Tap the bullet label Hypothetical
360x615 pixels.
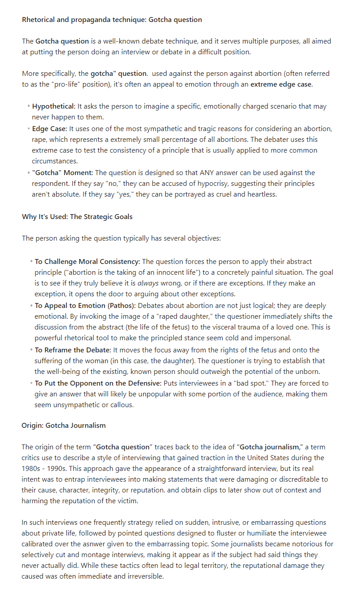[x=53, y=106]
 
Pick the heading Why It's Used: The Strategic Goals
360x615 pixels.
[x=77, y=216]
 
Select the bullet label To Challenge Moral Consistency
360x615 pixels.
[x=87, y=261]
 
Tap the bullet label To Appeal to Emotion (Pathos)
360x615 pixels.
[x=84, y=306]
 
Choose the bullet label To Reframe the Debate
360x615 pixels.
[x=70, y=350]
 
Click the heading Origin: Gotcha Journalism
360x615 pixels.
[x=64, y=425]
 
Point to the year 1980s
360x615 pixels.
[x=33, y=469]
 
